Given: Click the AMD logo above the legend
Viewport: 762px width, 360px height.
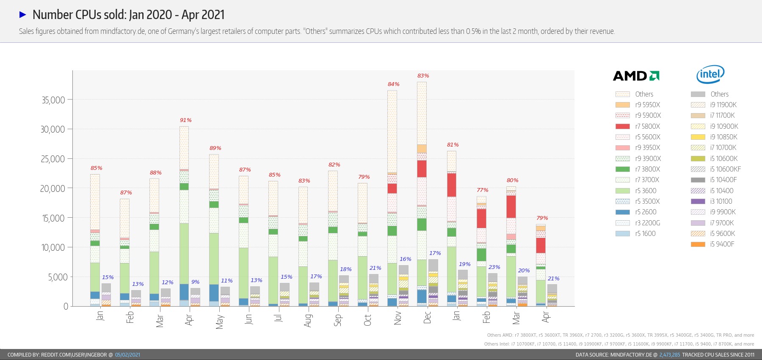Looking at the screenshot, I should [x=636, y=76].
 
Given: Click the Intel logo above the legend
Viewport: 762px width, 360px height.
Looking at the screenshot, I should [x=710, y=75].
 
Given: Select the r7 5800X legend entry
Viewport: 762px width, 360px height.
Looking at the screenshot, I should [x=647, y=126].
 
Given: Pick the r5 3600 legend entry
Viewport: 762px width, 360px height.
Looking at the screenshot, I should [x=646, y=191].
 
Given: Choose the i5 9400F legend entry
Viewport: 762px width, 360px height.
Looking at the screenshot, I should [x=722, y=244].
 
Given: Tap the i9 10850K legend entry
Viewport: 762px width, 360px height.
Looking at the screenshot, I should [x=723, y=137].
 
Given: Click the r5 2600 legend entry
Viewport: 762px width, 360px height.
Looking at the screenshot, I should [x=646, y=212].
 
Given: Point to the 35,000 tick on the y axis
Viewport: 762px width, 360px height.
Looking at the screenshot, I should [x=53, y=100].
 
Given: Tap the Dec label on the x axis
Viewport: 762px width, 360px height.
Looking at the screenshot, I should [x=427, y=318].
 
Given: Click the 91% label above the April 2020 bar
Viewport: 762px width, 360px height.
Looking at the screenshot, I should [x=185, y=120].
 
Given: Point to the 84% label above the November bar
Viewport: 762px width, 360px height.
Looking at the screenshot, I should [x=393, y=84].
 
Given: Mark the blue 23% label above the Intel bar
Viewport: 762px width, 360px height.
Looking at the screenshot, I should [x=494, y=267].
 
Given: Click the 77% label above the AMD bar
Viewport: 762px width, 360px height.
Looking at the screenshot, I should [x=482, y=190].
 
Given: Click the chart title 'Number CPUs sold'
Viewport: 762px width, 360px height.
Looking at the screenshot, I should [x=128, y=15].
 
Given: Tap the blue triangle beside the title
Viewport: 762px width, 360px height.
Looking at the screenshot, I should [x=23, y=15].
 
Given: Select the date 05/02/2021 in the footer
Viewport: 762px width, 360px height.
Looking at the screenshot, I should [x=127, y=355].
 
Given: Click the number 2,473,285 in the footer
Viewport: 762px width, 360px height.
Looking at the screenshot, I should [x=669, y=355].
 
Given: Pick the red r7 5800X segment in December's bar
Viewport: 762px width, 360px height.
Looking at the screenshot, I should [x=422, y=169].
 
